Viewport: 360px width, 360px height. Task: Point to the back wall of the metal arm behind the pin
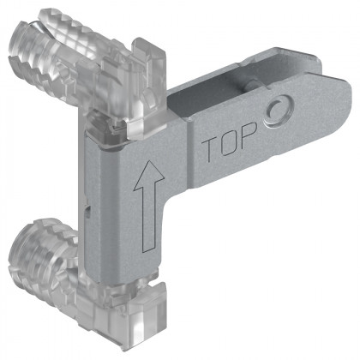click(214, 78)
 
